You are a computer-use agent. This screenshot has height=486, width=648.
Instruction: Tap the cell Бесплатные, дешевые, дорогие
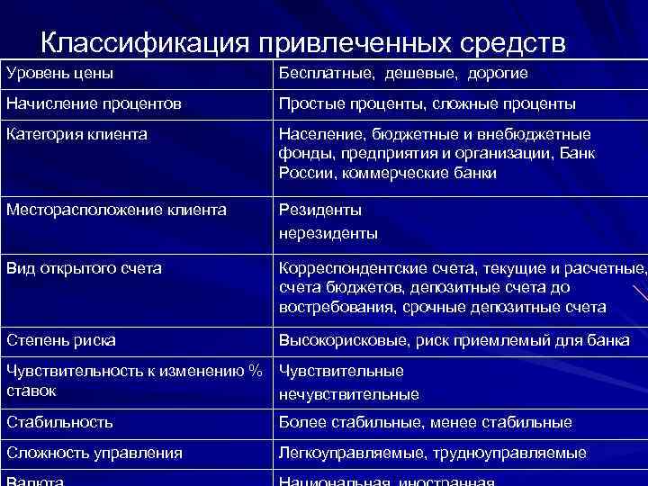(x=403, y=73)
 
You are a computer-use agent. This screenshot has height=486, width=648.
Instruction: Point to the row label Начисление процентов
(x=94, y=103)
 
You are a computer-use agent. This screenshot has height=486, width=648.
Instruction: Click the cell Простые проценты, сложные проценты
(x=427, y=103)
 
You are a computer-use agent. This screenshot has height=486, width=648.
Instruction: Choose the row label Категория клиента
(x=76, y=134)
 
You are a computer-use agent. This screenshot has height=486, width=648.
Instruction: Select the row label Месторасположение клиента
(x=116, y=211)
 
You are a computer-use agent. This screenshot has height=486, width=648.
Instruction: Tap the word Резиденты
(x=320, y=211)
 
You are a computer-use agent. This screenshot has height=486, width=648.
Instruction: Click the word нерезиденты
(x=328, y=233)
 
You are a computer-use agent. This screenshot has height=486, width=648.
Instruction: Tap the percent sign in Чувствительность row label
(x=255, y=371)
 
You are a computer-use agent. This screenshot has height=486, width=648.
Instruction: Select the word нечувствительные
(x=349, y=393)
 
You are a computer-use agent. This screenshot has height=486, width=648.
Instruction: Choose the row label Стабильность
(x=59, y=422)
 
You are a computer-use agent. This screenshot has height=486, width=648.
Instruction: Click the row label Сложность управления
(x=94, y=453)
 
